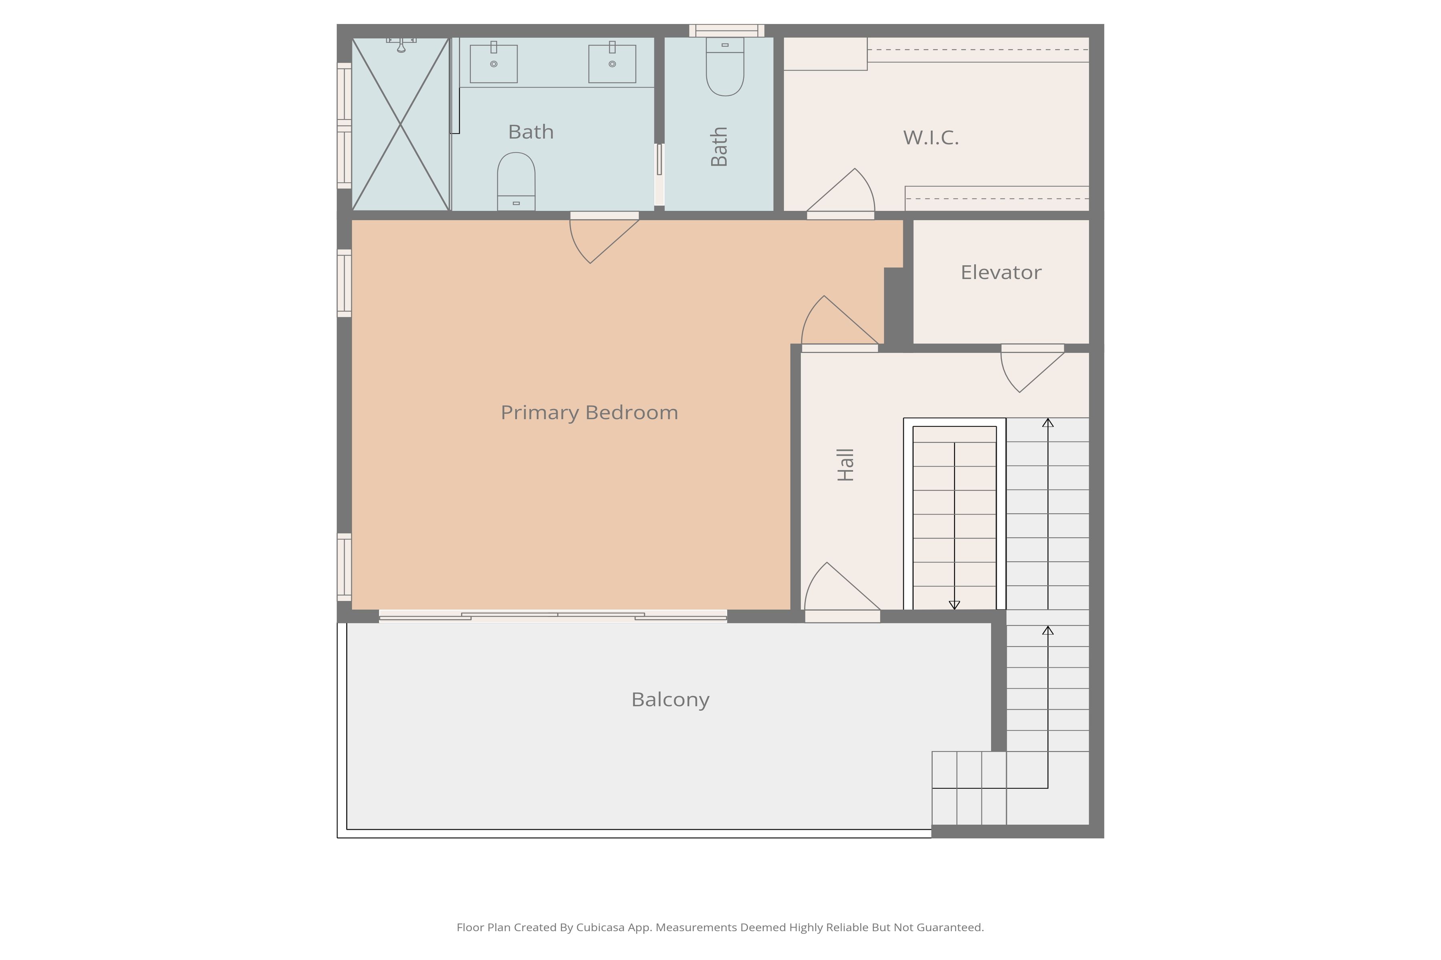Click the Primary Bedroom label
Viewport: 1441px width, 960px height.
pyautogui.click(x=589, y=413)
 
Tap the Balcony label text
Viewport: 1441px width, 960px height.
pyautogui.click(x=670, y=699)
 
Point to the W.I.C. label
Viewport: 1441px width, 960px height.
pyautogui.click(x=931, y=138)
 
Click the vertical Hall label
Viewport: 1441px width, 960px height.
pyautogui.click(x=845, y=465)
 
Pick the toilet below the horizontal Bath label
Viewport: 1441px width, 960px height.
pyautogui.click(x=516, y=181)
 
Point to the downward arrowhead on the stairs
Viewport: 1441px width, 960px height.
pyautogui.click(x=954, y=605)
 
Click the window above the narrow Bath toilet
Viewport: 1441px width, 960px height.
pyautogui.click(x=727, y=31)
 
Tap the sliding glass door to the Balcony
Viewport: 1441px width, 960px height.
pyautogui.click(x=553, y=615)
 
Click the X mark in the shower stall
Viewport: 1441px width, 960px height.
pyautogui.click(x=401, y=124)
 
